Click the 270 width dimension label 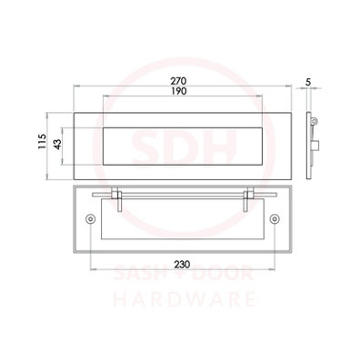(178, 81)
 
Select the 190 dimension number (178, 91)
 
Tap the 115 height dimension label (42, 141)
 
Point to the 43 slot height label (57, 144)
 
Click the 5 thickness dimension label (308, 82)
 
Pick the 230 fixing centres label (182, 265)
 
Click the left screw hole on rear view (90, 218)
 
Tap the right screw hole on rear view (275, 218)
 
